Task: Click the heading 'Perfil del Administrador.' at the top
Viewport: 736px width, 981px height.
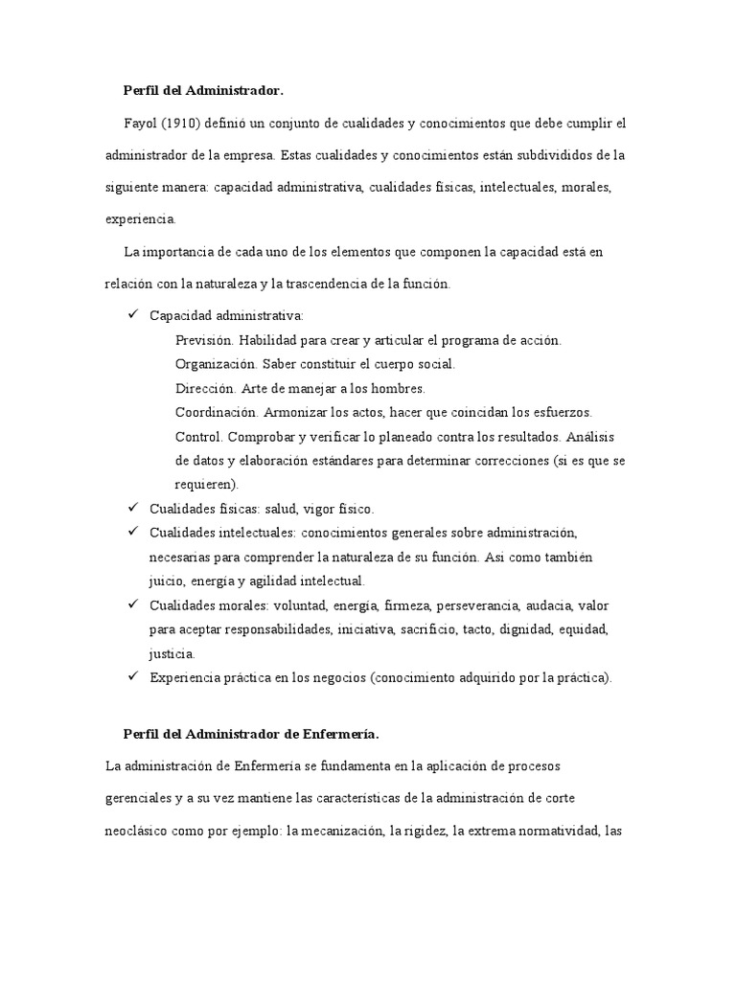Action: [203, 91]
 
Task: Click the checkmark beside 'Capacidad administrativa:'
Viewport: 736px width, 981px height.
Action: [132, 315]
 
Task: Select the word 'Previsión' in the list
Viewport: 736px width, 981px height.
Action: [204, 340]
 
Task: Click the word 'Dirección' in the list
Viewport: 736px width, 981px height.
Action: [205, 388]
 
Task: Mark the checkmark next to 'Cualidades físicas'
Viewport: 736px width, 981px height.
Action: [132, 508]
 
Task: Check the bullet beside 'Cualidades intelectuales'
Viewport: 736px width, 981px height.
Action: [132, 531]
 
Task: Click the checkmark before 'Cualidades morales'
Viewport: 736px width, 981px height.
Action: [132, 605]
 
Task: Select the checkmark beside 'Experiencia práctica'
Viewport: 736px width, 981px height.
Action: [132, 677]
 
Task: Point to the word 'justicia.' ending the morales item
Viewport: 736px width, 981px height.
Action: [172, 654]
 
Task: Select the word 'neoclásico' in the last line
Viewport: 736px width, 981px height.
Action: [136, 832]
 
